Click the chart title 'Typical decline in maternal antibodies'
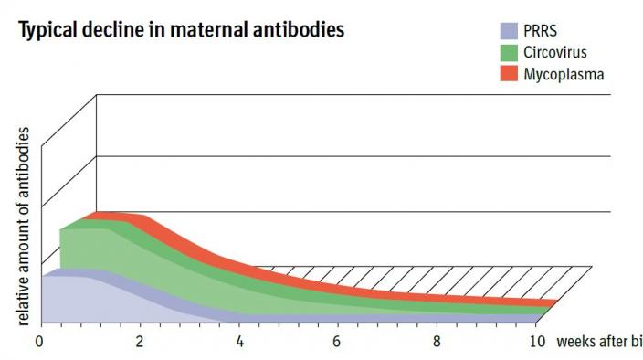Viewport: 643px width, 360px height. tap(181, 28)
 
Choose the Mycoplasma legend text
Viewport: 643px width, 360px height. tap(564, 73)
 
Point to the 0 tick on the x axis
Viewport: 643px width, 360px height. tap(39, 342)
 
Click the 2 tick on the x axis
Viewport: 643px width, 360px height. tap(139, 342)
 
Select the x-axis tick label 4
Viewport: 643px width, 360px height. tap(239, 342)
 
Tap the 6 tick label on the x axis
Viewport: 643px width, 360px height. tap(338, 342)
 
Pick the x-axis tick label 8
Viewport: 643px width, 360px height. tap(437, 342)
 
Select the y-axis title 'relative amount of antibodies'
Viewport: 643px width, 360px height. tap(25, 228)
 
